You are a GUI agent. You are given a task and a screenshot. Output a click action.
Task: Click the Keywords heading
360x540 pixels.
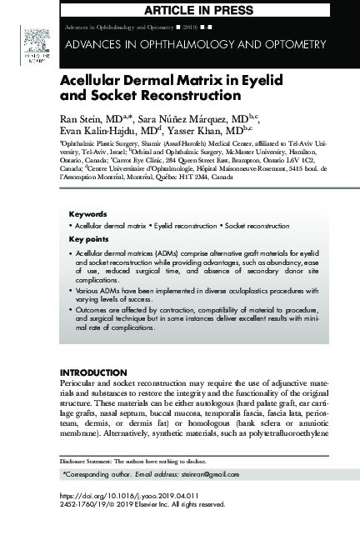coord(87,214)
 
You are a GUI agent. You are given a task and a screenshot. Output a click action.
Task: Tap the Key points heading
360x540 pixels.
coord(87,240)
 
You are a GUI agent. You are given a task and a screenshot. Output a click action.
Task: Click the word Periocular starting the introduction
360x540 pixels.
coord(80,382)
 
